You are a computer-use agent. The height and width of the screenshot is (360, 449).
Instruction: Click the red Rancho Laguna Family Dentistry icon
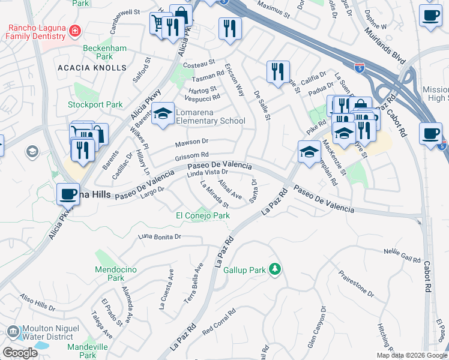pyautogui.click(x=74, y=31)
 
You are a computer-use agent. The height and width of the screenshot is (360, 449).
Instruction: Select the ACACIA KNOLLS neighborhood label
pyautogui.click(x=92, y=68)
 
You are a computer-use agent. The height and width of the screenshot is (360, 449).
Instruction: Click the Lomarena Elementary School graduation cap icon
pyautogui.click(x=162, y=113)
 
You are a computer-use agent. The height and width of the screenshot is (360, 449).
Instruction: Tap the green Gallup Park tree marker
pyautogui.click(x=275, y=269)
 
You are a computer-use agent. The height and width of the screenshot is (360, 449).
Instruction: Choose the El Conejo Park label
pyautogui.click(x=202, y=215)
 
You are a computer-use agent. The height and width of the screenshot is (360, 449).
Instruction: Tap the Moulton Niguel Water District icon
pyautogui.click(x=13, y=331)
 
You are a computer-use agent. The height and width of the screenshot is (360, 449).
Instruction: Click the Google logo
pyautogui.click(x=20, y=353)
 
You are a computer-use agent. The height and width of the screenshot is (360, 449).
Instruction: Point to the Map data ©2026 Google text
pyautogui.click(x=411, y=355)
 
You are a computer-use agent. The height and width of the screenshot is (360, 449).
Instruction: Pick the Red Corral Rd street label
pyautogui.click(x=219, y=323)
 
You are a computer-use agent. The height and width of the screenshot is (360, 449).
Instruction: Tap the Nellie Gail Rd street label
pyautogui.click(x=402, y=255)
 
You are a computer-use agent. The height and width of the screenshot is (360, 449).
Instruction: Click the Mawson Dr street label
pyautogui.click(x=191, y=142)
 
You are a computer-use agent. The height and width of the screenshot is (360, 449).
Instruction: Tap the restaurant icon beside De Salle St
pyautogui.click(x=278, y=71)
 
